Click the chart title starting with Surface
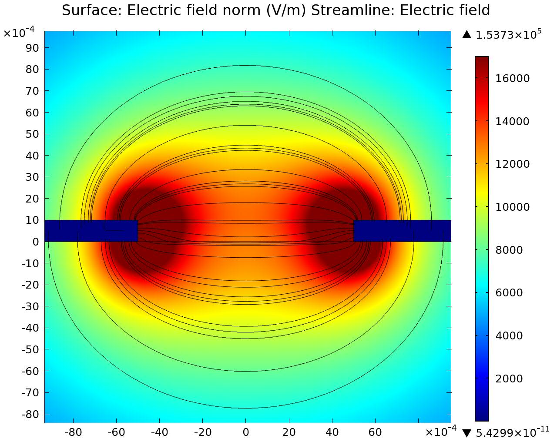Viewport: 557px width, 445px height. [276, 10]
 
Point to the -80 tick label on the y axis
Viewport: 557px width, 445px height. [30, 414]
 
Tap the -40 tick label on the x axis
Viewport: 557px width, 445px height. [159, 432]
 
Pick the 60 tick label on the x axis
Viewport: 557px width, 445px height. [375, 432]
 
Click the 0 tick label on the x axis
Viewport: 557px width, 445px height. [246, 432]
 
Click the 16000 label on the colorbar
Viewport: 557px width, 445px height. [513, 79]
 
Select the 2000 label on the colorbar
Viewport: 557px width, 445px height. [509, 379]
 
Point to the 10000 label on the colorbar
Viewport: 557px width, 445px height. [513, 207]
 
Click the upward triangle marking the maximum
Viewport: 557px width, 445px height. [467, 35]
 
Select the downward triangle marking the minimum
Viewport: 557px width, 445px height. [467, 433]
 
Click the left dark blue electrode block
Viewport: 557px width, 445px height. [91, 231]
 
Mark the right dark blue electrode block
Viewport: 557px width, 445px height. [402, 231]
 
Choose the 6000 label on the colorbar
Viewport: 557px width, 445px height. [509, 293]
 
